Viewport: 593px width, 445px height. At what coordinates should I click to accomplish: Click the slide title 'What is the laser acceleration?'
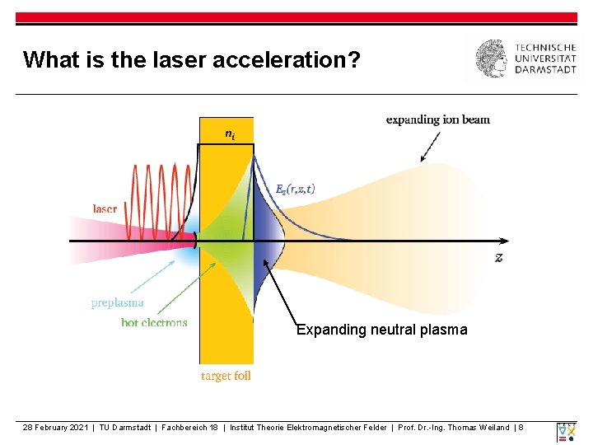pos(191,59)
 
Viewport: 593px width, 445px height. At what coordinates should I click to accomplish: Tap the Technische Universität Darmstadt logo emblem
pos(493,59)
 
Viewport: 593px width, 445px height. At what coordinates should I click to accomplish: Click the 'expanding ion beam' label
pos(437,119)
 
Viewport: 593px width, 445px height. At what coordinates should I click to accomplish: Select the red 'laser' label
pos(105,208)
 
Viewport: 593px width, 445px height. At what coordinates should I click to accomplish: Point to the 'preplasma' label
pos(117,303)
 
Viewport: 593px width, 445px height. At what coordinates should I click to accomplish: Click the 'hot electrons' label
pos(154,322)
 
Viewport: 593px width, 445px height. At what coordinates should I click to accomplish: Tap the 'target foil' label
pos(226,376)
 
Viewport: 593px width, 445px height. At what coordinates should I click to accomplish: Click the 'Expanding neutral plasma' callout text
pos(381,330)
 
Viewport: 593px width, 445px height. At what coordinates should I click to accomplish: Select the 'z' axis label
pos(499,257)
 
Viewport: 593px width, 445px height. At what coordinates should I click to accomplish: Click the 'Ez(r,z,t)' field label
pos(295,189)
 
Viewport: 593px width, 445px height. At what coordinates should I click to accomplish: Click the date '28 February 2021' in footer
pos(55,427)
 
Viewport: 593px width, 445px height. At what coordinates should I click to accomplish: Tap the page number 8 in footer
pos(521,427)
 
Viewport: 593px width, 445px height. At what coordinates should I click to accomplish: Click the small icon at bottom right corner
pos(566,432)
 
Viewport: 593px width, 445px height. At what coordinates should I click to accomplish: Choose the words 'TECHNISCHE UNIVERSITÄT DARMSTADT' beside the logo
pos(545,59)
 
